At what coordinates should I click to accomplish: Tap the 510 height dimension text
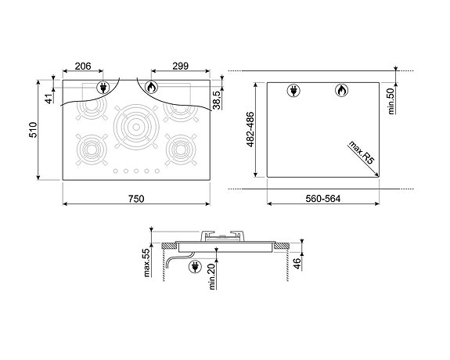coord(34,129)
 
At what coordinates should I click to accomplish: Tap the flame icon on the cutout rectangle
coord(341,90)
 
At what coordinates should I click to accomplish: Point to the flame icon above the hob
coord(151,88)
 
